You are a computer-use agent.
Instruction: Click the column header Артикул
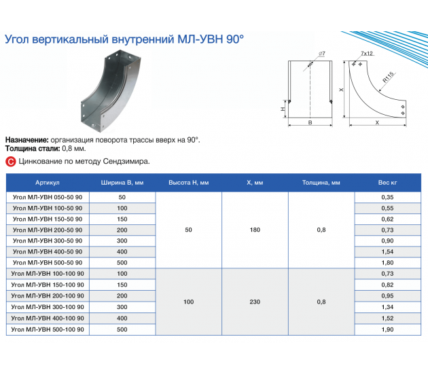click(48, 183)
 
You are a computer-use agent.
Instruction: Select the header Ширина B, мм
click(122, 183)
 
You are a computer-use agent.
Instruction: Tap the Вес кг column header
click(387, 183)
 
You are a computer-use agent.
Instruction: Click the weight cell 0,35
click(387, 197)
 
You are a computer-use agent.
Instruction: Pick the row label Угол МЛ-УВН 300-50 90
click(48, 240)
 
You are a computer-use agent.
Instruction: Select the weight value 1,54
click(387, 251)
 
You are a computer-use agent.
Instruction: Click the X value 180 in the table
click(255, 230)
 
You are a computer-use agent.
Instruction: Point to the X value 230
click(255, 302)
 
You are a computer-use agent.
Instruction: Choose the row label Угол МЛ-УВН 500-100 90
click(48, 329)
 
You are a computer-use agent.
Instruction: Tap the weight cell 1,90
click(387, 329)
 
